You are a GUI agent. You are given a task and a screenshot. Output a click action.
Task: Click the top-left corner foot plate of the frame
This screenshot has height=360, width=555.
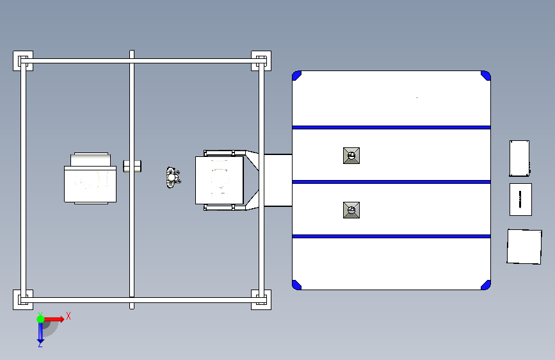pyautogui.click(x=22, y=61)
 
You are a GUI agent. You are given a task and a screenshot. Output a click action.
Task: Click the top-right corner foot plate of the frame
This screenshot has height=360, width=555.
pyautogui.click(x=261, y=61)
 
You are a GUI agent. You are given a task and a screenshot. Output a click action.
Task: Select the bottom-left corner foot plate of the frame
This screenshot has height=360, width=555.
pyautogui.click(x=22, y=299)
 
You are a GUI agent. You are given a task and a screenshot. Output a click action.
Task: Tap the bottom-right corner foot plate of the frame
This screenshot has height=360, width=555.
pyautogui.click(x=261, y=299)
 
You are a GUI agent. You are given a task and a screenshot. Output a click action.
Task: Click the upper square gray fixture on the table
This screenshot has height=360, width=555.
pyautogui.click(x=351, y=156)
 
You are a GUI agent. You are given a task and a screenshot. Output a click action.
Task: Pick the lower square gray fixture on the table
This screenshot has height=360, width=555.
pyautogui.click(x=351, y=210)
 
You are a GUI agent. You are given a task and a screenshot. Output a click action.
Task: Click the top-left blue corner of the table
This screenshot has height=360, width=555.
pyautogui.click(x=296, y=75)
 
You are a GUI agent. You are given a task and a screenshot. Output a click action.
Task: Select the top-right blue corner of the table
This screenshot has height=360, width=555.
pyautogui.click(x=486, y=75)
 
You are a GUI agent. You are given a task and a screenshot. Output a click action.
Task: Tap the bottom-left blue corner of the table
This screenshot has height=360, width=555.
pyautogui.click(x=296, y=284)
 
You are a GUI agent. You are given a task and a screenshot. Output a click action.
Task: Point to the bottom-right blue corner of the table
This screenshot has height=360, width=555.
pyautogui.click(x=486, y=284)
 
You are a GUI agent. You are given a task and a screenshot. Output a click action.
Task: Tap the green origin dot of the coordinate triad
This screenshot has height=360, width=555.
pyautogui.click(x=40, y=318)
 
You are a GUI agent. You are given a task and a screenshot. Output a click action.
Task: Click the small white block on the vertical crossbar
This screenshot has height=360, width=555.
pyautogui.click(x=133, y=167)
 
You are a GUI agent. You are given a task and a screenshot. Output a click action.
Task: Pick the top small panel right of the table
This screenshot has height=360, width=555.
pyautogui.click(x=519, y=158)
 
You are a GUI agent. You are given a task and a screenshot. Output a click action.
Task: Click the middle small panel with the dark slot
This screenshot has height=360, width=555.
pyautogui.click(x=520, y=199)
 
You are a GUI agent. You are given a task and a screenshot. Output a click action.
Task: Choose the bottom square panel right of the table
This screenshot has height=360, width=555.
pyautogui.click(x=524, y=246)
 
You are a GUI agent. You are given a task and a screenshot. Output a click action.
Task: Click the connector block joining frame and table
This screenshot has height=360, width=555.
pyautogui.click(x=277, y=180)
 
